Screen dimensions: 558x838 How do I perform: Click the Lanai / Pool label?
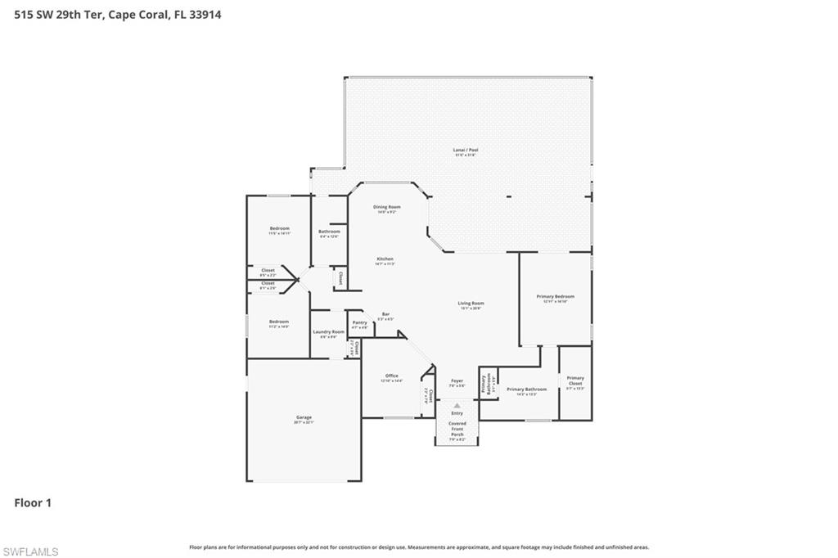pyautogui.click(x=466, y=151)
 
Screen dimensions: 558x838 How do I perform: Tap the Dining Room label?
pyautogui.click(x=387, y=208)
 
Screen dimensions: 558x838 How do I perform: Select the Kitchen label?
pyautogui.click(x=385, y=259)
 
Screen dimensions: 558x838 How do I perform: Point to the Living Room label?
pyautogui.click(x=471, y=304)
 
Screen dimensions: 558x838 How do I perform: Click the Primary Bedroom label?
pyautogui.click(x=555, y=297)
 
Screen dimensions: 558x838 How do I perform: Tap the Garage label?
pyautogui.click(x=304, y=418)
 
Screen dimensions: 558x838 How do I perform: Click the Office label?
pyautogui.click(x=391, y=376)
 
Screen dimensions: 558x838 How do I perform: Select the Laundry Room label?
pyautogui.click(x=328, y=332)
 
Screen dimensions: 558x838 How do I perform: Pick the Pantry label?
pyautogui.click(x=359, y=323)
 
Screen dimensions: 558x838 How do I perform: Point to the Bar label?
pyautogui.click(x=385, y=315)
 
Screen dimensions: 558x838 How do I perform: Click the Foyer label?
pyautogui.click(x=457, y=381)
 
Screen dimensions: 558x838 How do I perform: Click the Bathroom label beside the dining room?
pyautogui.click(x=329, y=232)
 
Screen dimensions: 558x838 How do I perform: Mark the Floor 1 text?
pyautogui.click(x=33, y=503)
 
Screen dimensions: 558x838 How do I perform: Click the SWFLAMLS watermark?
pyautogui.click(x=30, y=551)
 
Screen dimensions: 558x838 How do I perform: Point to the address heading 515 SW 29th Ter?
pyautogui.click(x=117, y=14)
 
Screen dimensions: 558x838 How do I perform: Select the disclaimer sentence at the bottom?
pyautogui.click(x=419, y=547)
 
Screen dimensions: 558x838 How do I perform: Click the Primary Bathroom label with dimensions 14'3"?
pyautogui.click(x=526, y=390)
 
